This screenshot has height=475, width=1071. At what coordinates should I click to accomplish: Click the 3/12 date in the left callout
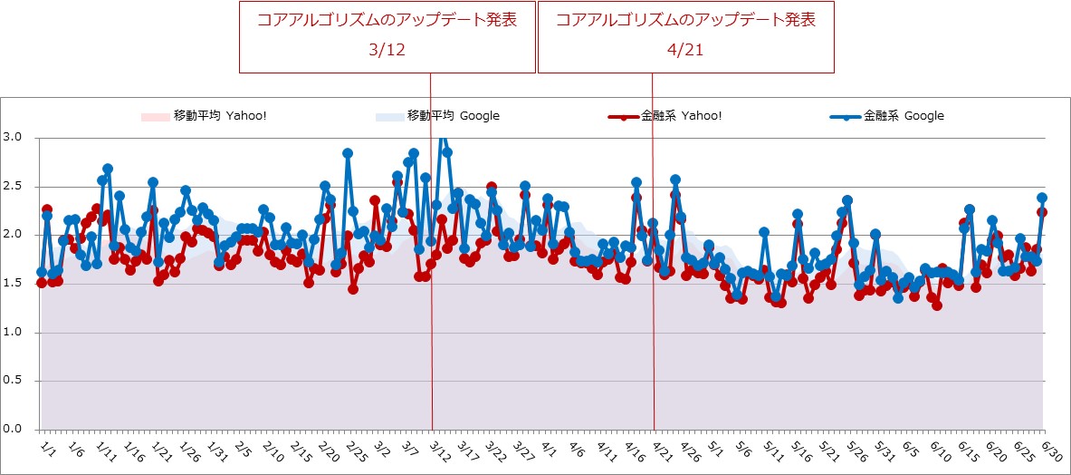pyautogui.click(x=387, y=51)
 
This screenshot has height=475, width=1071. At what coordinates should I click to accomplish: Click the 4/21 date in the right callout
pyautogui.click(x=685, y=51)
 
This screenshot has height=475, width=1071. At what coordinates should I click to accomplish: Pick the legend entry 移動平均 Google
pyautogui.click(x=453, y=116)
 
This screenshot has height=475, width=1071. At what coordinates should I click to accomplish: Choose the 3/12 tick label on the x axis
pyautogui.click(x=440, y=450)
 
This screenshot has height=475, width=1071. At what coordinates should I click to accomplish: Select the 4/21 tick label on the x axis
pyautogui.click(x=662, y=450)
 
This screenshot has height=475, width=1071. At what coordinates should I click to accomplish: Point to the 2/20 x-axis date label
pyautogui.click(x=329, y=450)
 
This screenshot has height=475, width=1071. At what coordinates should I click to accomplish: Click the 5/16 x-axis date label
pyautogui.click(x=800, y=450)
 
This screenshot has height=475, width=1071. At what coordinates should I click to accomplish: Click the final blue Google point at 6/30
pyautogui.click(x=1042, y=198)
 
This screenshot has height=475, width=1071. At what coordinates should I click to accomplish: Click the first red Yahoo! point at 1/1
pyautogui.click(x=42, y=283)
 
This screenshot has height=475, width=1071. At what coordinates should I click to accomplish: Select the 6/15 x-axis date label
pyautogui.click(x=967, y=450)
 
